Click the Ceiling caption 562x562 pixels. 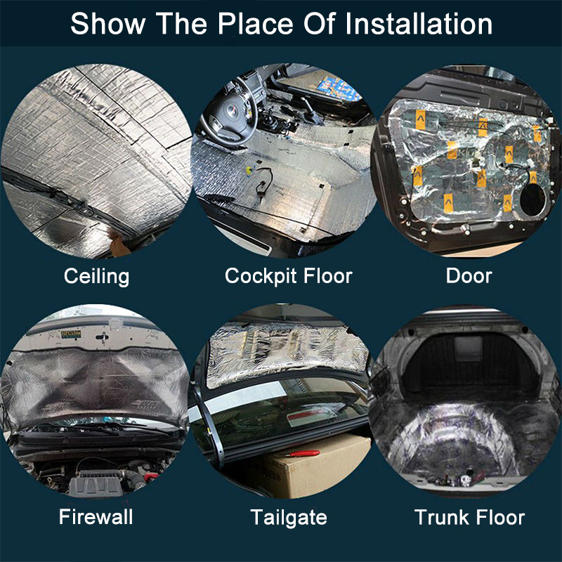pos(96,276)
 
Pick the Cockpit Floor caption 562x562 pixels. pos(288,276)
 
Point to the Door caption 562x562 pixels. pos(469,276)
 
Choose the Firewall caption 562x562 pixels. pos(96,518)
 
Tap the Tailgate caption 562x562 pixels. pos(288,518)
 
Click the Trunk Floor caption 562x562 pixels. pos(469,518)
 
